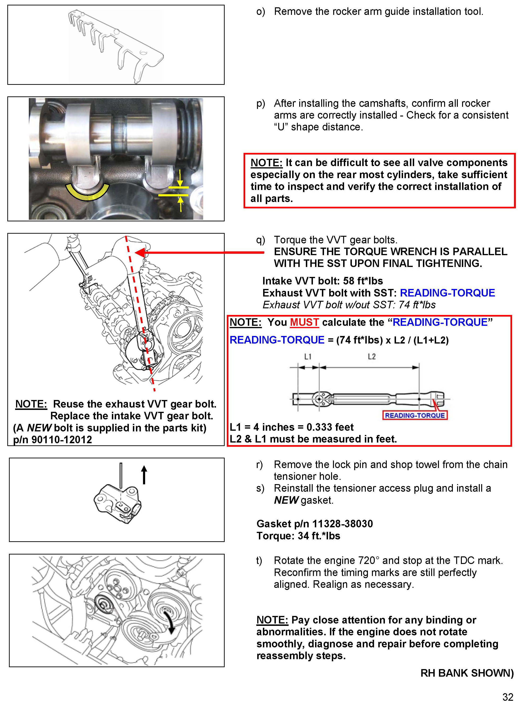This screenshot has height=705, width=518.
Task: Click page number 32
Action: click(508, 697)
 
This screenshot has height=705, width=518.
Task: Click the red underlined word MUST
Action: click(304, 322)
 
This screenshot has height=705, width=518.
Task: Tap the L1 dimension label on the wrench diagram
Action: click(307, 357)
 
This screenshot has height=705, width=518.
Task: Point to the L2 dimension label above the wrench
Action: click(372, 357)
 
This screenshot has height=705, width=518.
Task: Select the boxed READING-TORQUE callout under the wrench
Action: click(415, 415)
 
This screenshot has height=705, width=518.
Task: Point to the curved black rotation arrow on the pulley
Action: click(170, 620)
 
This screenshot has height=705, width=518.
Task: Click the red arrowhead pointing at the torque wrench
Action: click(140, 252)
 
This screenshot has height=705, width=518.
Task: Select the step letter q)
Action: click(260, 240)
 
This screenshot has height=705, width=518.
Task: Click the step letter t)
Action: click(259, 561)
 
